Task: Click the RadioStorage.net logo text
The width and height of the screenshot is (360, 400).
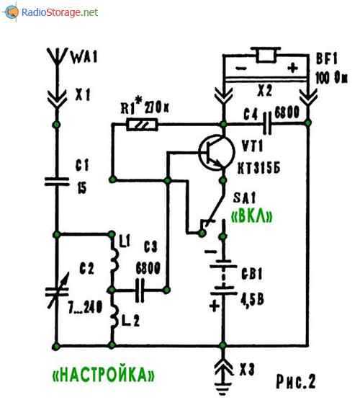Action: [x=59, y=12]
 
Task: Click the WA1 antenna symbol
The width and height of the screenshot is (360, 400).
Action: [x=58, y=56]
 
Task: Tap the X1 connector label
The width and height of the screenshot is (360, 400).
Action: [x=83, y=95]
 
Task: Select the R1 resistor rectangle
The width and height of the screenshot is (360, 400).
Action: [x=142, y=125]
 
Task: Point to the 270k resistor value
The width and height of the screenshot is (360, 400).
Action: [x=157, y=108]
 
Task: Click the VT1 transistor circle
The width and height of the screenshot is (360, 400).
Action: [x=216, y=153]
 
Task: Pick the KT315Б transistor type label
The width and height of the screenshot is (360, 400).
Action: [x=259, y=169]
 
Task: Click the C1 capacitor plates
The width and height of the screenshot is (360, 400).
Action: [x=57, y=182]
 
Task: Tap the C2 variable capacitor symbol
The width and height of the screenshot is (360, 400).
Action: [x=57, y=291]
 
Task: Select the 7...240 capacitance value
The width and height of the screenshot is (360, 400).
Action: [x=85, y=307]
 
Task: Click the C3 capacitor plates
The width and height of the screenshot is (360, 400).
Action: [x=140, y=290]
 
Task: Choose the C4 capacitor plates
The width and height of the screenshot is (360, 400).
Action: [x=267, y=123]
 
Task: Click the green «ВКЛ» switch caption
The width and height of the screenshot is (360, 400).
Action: [x=252, y=217]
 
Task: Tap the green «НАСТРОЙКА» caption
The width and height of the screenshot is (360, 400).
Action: [x=103, y=375]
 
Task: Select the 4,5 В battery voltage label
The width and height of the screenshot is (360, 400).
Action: [x=252, y=299]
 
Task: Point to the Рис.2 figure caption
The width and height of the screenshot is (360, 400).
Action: [x=296, y=381]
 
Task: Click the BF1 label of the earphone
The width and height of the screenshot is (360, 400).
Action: [x=327, y=58]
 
